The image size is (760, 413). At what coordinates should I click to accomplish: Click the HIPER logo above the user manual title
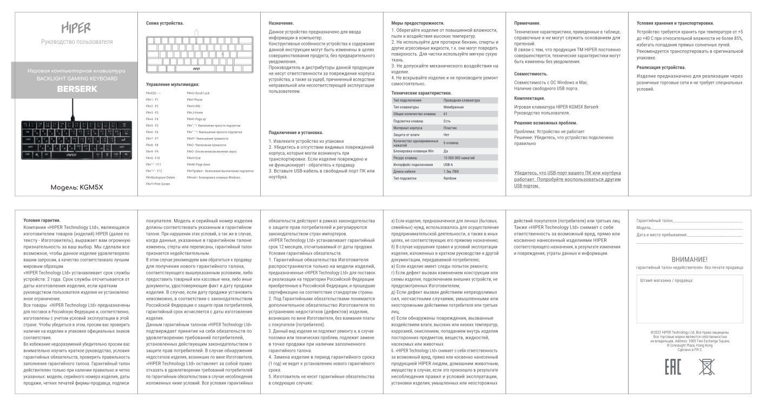75,28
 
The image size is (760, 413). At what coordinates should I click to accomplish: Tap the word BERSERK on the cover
77,89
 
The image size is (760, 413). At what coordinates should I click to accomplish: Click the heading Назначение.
281,23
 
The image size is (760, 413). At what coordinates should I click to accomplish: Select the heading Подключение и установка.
296,132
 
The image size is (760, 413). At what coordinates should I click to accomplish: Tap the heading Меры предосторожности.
418,23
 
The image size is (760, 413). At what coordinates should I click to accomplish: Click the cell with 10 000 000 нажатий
459,157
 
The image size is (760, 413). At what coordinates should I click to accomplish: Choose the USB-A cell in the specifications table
448,164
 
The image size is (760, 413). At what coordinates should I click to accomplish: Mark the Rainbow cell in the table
450,178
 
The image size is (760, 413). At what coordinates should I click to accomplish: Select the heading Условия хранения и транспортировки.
675,23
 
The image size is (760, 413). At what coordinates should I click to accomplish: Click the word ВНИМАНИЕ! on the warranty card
689,259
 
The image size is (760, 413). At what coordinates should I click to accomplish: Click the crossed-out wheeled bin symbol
706,366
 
